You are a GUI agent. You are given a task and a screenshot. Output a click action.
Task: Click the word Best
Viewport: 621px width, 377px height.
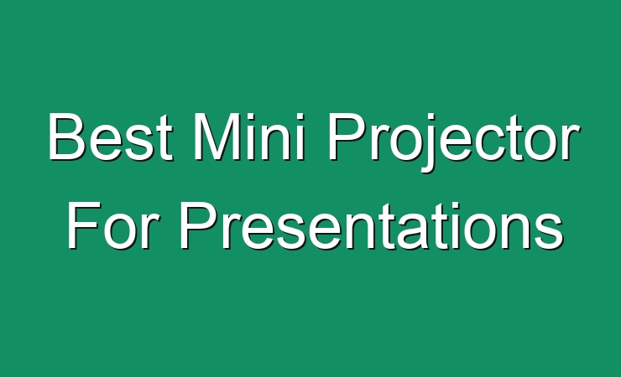tap(111, 137)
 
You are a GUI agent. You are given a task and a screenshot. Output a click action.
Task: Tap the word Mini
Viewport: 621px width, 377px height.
tap(249, 137)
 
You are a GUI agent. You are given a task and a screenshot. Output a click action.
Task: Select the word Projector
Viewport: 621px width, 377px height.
tap(454, 142)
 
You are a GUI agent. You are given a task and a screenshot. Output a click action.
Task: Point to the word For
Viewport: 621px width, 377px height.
tap(113, 225)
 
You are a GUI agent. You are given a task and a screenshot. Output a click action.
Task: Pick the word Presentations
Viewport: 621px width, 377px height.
tap(372, 225)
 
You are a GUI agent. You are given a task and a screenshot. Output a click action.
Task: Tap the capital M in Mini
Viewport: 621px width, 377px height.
tap(217, 137)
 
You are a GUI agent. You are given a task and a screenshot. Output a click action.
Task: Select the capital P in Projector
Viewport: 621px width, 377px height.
tap(347, 137)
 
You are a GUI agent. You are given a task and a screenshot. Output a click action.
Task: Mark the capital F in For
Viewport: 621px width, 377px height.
tap(84, 225)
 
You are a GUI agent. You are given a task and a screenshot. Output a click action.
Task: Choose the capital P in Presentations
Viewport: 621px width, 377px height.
tap(199, 225)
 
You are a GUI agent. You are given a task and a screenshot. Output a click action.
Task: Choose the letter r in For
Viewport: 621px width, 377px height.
tap(150, 231)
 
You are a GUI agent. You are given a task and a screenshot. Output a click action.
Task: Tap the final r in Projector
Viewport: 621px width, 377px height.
tap(571, 142)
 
